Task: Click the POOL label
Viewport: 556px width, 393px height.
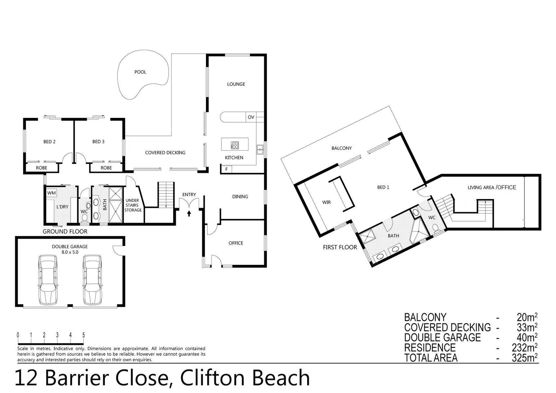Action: tap(140, 72)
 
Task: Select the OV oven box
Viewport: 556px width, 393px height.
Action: tap(251, 117)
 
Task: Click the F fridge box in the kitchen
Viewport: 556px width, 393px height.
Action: tap(226, 169)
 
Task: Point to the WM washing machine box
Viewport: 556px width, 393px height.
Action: tap(51, 192)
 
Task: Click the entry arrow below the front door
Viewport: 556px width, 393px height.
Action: tap(189, 213)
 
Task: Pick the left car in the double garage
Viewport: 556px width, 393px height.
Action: tap(48, 279)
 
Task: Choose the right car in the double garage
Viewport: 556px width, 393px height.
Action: tap(92, 279)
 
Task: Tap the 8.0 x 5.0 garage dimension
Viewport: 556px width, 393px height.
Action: tap(70, 252)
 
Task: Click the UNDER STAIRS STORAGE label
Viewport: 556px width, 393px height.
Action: tap(132, 205)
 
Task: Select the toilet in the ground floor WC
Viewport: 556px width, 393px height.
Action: tap(85, 218)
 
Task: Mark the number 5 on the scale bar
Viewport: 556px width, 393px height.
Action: tap(84, 335)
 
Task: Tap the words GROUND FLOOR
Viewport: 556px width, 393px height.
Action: tap(65, 231)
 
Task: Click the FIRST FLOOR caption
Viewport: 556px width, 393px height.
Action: tap(340, 247)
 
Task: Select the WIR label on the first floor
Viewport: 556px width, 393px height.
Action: tap(326, 202)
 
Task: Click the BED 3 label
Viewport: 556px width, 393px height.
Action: tap(98, 142)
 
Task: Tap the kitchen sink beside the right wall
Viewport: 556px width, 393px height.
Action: tap(260, 149)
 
